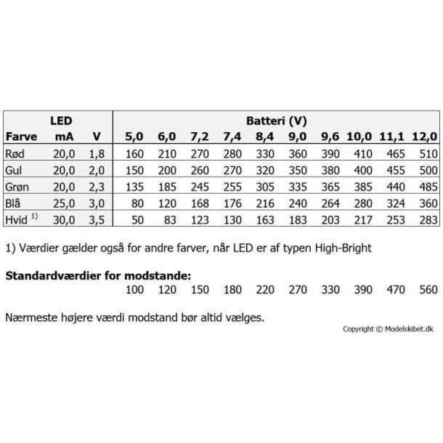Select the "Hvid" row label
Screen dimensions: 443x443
[17, 217]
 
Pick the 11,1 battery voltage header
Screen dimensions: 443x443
[392, 137]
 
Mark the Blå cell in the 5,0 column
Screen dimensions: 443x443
[137, 201]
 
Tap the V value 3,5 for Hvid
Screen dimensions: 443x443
[96, 217]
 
